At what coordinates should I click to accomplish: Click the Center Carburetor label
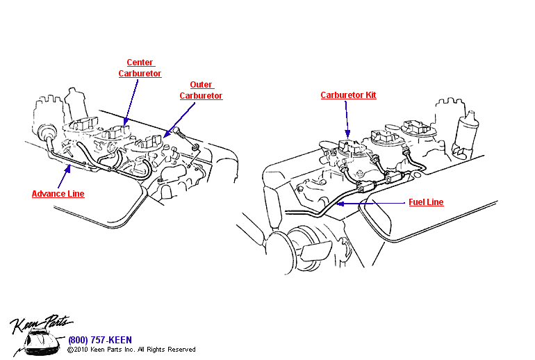point(140,68)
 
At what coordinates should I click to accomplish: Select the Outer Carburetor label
point(201,90)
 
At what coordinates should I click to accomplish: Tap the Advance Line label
point(58,194)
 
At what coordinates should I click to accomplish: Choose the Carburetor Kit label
point(348,95)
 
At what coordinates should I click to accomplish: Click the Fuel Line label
point(425,202)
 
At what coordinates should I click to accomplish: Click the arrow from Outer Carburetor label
point(179,117)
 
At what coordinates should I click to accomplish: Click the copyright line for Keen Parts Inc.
point(131,350)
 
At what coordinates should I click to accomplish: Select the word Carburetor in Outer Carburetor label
point(201,96)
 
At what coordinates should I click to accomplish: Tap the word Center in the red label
point(140,63)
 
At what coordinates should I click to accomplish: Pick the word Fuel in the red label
point(415,202)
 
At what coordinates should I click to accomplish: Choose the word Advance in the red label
point(49,194)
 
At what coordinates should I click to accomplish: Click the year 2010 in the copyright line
point(81,350)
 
